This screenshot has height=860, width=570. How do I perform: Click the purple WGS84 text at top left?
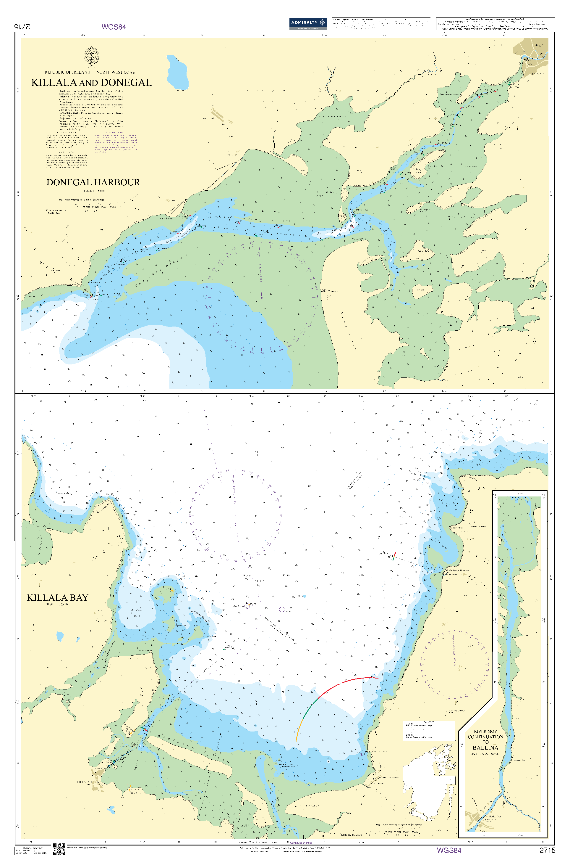[x=114, y=27]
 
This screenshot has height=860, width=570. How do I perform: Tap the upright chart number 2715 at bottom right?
[x=547, y=850]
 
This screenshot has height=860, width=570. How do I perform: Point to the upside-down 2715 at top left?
[x=22, y=27]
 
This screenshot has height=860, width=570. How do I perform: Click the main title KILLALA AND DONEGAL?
[x=91, y=83]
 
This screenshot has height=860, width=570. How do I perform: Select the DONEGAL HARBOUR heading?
[x=93, y=182]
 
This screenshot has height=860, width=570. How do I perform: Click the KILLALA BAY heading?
[x=57, y=598]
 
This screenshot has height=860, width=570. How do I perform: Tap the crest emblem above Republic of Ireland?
[x=92, y=56]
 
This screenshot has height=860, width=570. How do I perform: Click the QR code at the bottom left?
[x=59, y=849]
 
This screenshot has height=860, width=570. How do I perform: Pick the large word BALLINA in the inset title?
[x=485, y=748]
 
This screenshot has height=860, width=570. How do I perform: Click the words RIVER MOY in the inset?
[x=485, y=731]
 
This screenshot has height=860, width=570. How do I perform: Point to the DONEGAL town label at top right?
[x=538, y=74]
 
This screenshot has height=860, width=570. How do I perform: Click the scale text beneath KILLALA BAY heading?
[x=57, y=605]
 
